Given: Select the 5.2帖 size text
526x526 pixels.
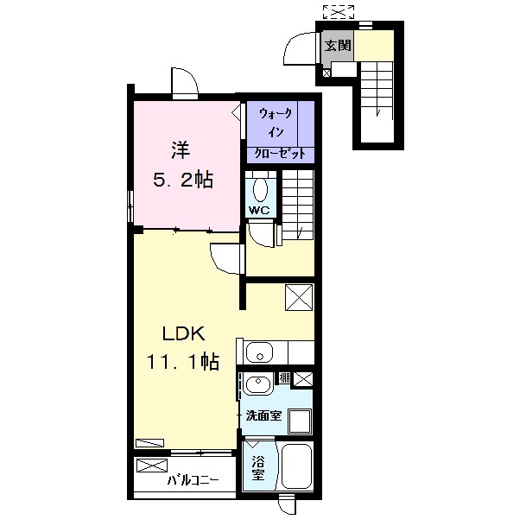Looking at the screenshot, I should coord(183,181).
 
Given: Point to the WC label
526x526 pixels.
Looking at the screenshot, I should coord(259,211).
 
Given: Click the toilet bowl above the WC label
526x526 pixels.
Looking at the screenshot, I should coord(261,187).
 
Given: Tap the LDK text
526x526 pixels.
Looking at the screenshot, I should coord(183,334).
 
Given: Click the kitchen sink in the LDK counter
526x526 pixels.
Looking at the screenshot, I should coord(259,352).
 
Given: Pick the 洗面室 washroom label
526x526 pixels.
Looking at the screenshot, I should coord(263,416).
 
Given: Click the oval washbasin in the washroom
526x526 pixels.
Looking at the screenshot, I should coord(257,386).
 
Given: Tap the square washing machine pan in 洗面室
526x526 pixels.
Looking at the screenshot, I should coord(300,421).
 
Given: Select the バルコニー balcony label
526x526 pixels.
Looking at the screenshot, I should coord(193,478).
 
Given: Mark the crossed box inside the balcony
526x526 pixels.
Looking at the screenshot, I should coord(149,467).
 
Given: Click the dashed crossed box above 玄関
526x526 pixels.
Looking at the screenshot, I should coord(339,11).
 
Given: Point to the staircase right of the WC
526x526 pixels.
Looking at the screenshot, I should coord(297,204).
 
